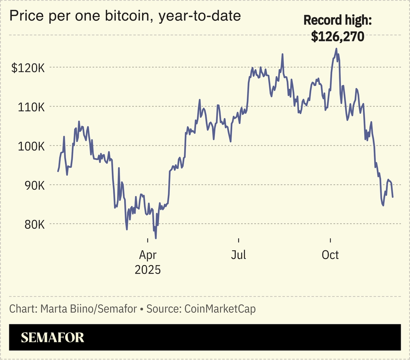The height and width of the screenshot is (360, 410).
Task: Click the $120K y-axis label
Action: pos(28,68)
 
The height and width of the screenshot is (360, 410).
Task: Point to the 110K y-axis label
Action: pos(31,107)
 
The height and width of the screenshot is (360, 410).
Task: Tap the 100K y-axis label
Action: pos(31,146)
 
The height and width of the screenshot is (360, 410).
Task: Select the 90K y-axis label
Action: pos(33,185)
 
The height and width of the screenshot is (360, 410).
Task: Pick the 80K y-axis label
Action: pos(33,224)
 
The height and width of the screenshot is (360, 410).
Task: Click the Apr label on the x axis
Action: pos(147,255)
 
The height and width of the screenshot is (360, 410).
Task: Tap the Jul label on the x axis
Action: pos(238,255)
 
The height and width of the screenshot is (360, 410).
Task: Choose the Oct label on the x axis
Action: pos(330,255)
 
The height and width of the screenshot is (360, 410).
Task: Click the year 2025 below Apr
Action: pos(147,269)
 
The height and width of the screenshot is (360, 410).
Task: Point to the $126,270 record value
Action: pos(338,36)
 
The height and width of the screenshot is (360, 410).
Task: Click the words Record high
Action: pos(338,20)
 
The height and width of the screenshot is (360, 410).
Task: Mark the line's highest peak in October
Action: pos(336,49)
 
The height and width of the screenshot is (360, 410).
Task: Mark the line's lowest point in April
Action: pos(156,238)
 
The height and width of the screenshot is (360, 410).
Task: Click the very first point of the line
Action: pos(58,171)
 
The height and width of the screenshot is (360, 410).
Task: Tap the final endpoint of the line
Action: pos(393,197)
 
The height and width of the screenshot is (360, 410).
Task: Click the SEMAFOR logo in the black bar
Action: pos(53,337)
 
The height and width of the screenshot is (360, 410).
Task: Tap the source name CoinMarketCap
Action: pos(220,309)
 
